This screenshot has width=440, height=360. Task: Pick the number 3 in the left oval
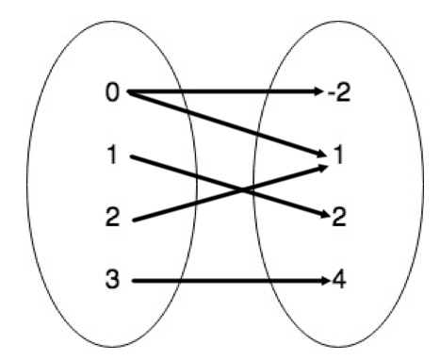point(112,281)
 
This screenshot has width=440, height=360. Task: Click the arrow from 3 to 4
point(226,281)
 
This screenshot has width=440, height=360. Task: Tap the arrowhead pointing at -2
point(318,92)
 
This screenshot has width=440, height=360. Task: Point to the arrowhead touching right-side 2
point(320,217)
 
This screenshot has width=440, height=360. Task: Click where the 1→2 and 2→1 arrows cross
point(246,190)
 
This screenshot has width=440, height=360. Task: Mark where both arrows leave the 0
point(128,92)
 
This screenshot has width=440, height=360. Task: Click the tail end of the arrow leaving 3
point(134,281)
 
